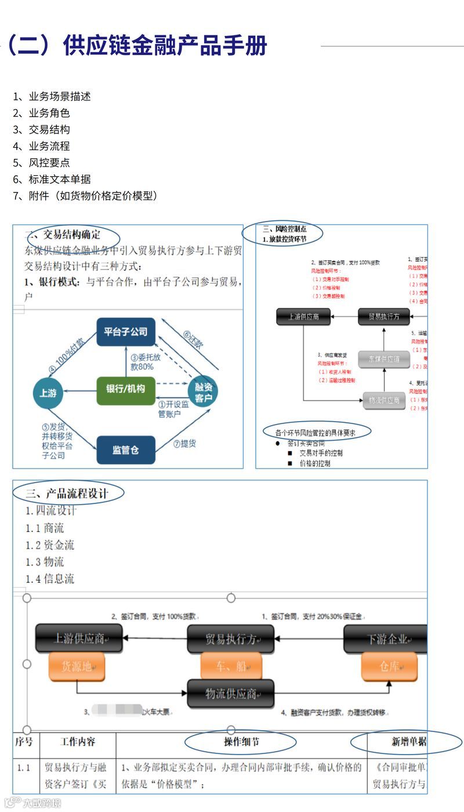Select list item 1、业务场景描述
[52, 96]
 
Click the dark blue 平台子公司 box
[126, 332]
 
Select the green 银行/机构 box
[126, 389]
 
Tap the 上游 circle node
[48, 393]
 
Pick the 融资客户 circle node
[203, 391]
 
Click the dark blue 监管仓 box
[126, 449]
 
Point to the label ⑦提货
[184, 444]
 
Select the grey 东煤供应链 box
[384, 359]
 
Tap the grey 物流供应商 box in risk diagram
[384, 400]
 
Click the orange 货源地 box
[77, 666]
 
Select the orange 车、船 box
[231, 666]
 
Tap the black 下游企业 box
[386, 639]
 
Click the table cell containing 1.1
[24, 767]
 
